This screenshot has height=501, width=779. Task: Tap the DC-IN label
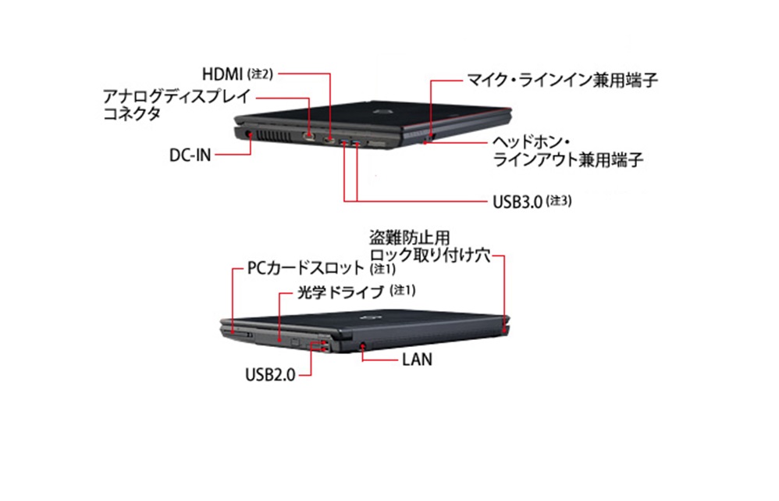click(x=190, y=155)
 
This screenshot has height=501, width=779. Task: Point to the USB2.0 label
click(x=270, y=374)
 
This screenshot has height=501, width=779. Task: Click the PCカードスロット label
click(x=305, y=268)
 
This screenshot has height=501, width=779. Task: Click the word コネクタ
click(x=132, y=114)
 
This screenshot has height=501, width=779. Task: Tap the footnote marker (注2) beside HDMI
click(x=259, y=75)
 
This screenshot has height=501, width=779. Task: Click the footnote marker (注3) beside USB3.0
click(x=560, y=202)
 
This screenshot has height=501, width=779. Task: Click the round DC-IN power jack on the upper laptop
click(x=249, y=134)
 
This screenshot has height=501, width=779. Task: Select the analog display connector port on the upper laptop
click(x=311, y=138)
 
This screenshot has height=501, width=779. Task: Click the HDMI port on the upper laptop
click(x=330, y=141)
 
